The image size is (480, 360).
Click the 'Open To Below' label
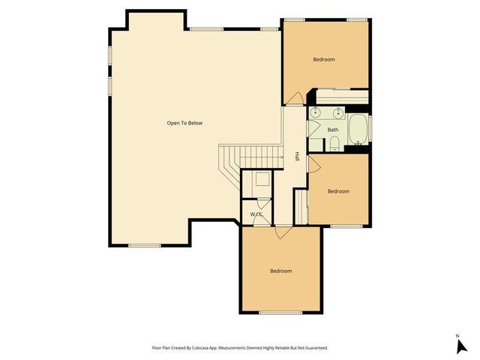pyautogui.click(x=184, y=123)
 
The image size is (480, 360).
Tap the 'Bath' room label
pyautogui.click(x=333, y=130)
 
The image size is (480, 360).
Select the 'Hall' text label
pyautogui.click(x=297, y=157)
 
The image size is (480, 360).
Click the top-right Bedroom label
pyautogui.click(x=324, y=59)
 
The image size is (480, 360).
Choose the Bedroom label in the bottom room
pyautogui.click(x=280, y=271)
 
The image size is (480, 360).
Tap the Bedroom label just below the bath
pyautogui.click(x=338, y=191)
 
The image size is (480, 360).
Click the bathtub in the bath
pyautogui.click(x=358, y=130)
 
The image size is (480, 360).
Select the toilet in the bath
pyautogui.click(x=334, y=143)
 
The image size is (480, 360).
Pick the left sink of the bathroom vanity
pyautogui.click(x=316, y=113)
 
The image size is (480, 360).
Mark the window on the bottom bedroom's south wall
pyautogui.click(x=280, y=312)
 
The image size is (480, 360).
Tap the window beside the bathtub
pyautogui.click(x=370, y=129)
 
